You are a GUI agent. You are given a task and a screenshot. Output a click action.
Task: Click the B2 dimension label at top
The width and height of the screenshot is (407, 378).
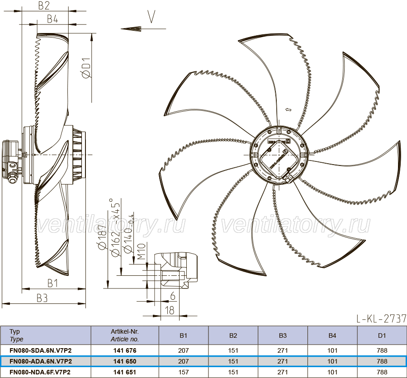(x=43, y=5)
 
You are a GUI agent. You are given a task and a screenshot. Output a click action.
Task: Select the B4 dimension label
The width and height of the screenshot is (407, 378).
(x=52, y=19)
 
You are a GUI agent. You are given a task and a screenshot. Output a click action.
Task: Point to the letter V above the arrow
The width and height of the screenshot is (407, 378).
(x=151, y=17)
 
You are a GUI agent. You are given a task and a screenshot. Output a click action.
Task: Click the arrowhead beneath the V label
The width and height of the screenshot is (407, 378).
(x=131, y=28)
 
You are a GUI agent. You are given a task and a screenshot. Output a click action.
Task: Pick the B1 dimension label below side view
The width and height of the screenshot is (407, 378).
(x=52, y=283)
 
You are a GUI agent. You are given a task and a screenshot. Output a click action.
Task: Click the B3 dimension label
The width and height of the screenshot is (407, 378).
(x=42, y=298)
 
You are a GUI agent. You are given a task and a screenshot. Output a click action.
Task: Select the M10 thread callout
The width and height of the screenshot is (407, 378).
(x=142, y=251)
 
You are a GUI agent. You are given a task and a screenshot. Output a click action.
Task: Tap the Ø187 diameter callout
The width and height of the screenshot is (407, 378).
(x=102, y=237)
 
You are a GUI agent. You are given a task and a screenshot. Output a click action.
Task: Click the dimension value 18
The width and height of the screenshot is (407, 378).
(x=170, y=310)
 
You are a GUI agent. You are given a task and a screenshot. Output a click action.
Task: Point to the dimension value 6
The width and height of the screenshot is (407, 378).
(x=173, y=296)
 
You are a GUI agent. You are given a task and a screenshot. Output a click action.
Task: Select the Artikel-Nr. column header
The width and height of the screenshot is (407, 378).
(x=125, y=331)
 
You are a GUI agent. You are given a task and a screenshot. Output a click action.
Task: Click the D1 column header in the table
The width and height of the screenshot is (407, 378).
(x=382, y=335)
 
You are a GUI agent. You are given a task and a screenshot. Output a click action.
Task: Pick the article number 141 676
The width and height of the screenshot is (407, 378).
(x=125, y=350)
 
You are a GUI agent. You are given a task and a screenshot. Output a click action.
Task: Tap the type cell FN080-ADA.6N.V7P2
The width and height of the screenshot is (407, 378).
(x=41, y=361)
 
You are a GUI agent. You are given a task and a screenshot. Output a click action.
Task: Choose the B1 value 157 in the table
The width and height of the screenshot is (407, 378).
(x=184, y=372)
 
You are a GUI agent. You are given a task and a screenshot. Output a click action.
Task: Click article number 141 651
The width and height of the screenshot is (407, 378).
(x=125, y=372)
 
